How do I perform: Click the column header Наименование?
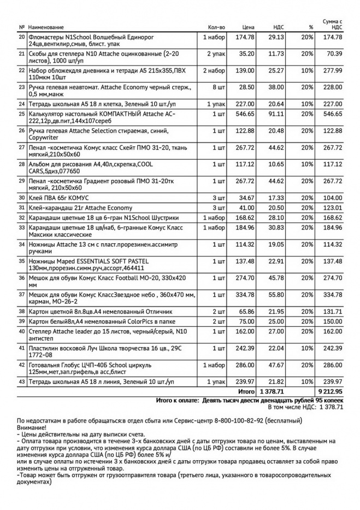pos(46,27)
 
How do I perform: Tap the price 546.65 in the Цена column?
pos(244,114)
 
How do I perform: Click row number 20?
pos(22,37)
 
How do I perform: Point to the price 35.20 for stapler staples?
pos(247,54)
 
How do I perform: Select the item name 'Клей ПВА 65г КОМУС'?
pos(58,197)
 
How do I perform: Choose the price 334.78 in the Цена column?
pos(244,295)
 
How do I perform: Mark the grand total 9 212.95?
pos(329,391)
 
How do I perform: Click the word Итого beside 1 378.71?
pos(246,391)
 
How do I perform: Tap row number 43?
pos(22,381)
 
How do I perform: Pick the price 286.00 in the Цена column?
pos(244,365)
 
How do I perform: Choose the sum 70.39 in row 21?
pos(334,54)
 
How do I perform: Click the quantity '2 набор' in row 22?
pos(214,71)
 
